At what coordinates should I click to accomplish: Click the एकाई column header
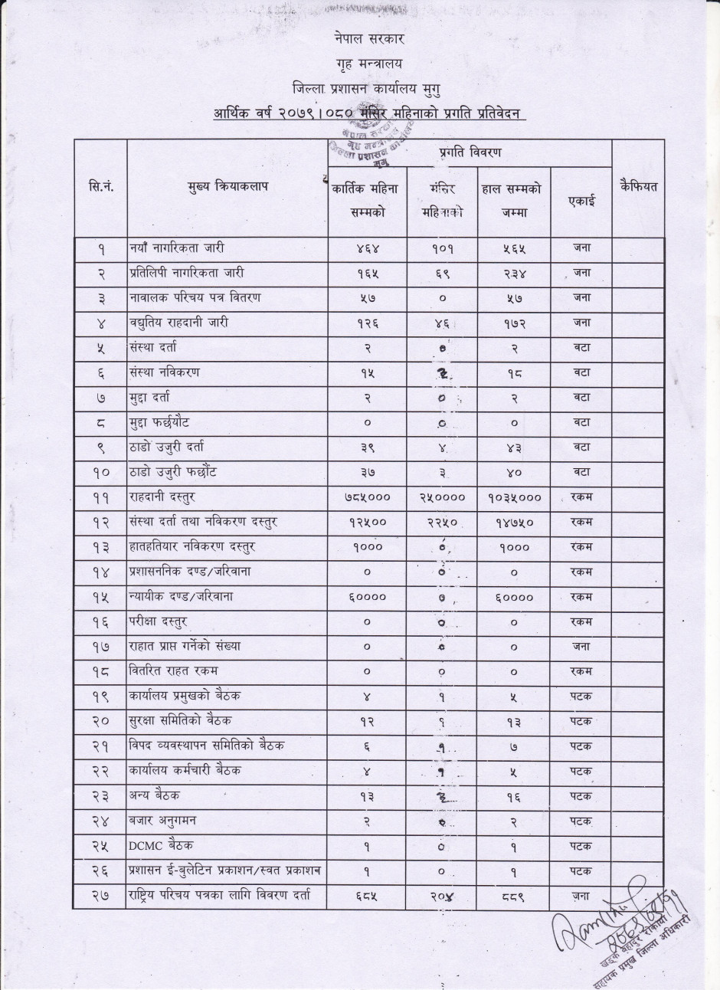(x=581, y=201)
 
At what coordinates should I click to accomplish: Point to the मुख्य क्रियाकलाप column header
(x=227, y=186)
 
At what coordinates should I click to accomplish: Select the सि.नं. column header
(x=101, y=186)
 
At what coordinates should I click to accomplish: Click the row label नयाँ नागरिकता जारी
(x=177, y=248)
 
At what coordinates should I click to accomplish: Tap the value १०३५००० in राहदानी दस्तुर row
(x=514, y=497)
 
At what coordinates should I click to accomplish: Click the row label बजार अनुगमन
(x=162, y=820)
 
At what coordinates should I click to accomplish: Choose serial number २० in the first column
(x=101, y=721)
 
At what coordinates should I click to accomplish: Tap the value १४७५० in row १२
(x=514, y=522)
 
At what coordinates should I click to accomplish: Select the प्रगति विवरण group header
(x=470, y=152)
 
